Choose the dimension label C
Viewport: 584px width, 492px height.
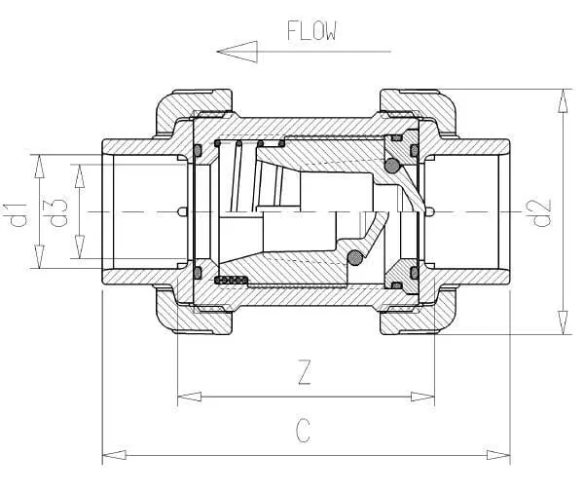tap(304, 431)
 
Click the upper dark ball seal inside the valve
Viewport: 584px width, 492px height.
tap(392, 167)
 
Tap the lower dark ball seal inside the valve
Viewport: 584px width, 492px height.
tap(355, 257)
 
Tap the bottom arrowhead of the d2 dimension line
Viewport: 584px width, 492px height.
tap(561, 328)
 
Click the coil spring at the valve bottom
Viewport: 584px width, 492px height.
tap(233, 281)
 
